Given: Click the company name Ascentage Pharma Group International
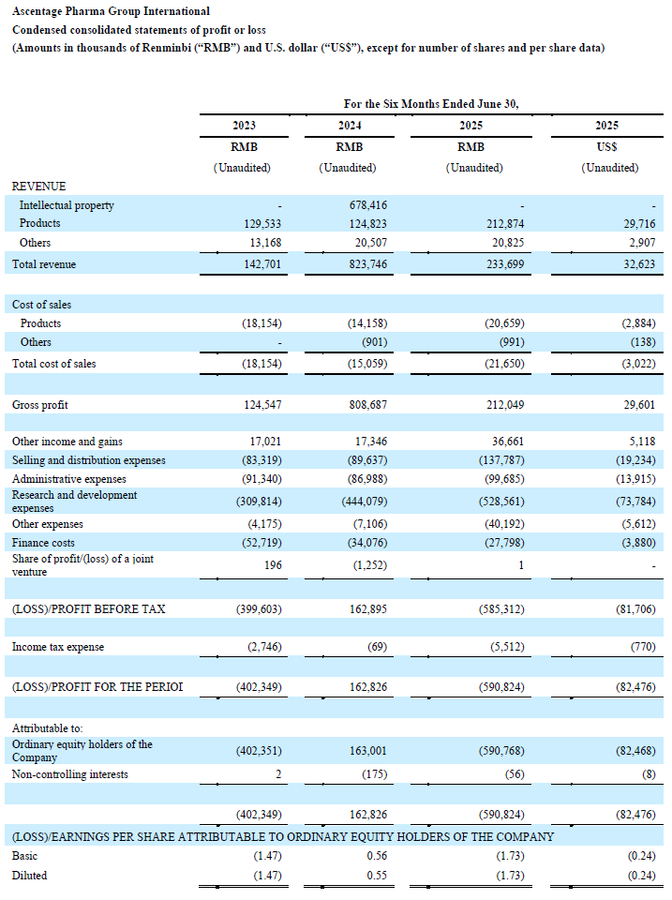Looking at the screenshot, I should point(111,11).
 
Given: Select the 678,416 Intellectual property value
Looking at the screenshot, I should point(368,204).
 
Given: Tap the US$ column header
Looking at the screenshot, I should point(606,147).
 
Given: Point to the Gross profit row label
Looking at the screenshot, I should point(39,405).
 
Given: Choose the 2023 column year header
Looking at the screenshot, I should point(244,126).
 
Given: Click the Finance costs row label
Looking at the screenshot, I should point(43,542).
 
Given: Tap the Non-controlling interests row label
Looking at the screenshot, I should point(70,774).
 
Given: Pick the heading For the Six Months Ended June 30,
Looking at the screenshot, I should point(431,103).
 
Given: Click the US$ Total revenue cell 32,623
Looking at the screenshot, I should point(636,264).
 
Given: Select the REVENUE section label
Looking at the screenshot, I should point(38,187).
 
